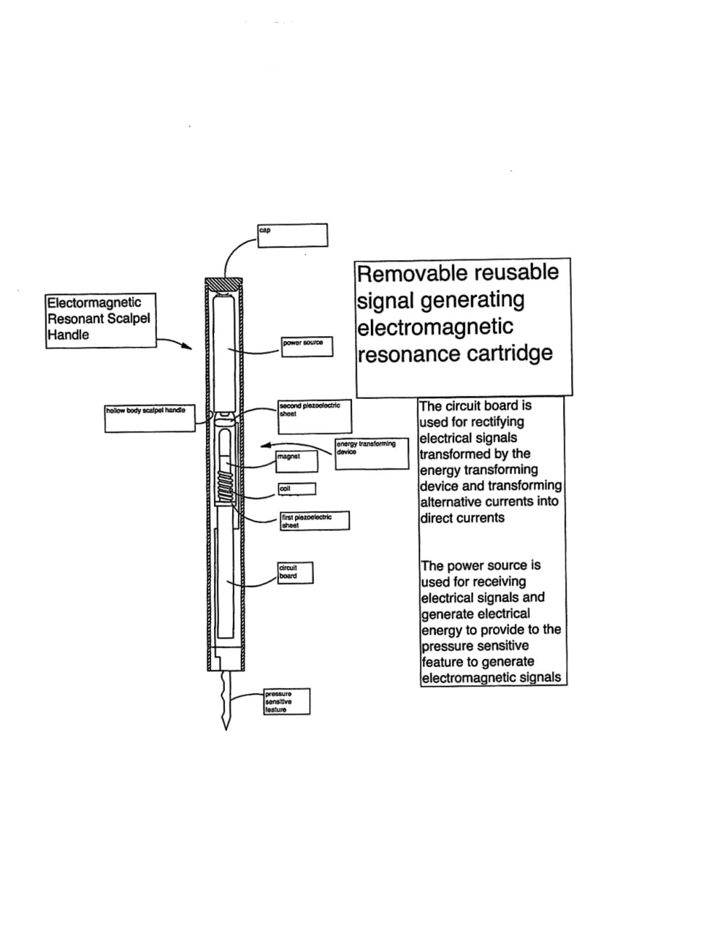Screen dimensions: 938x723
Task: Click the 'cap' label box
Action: coord(292,235)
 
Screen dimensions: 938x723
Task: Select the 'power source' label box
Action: coord(307,346)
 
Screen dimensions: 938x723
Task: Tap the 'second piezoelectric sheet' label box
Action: coord(315,416)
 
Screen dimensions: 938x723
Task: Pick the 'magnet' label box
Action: coord(297,460)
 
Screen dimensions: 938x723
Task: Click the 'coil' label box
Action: coord(296,489)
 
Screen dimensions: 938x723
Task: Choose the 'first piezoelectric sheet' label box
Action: coord(315,520)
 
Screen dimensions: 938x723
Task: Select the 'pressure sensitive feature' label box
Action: coord(286,701)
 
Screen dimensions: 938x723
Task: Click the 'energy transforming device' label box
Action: coord(372,454)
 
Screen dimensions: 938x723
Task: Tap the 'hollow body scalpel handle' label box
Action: coord(150,419)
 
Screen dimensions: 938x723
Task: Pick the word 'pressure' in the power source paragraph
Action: coord(445,646)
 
